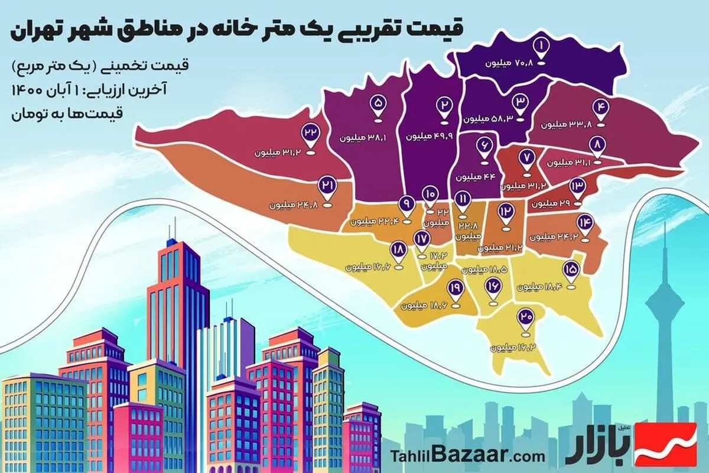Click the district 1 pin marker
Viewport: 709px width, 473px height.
541,46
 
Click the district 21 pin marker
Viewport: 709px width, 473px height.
327,187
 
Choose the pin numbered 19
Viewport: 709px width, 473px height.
456,287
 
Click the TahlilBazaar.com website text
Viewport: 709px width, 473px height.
467,456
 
